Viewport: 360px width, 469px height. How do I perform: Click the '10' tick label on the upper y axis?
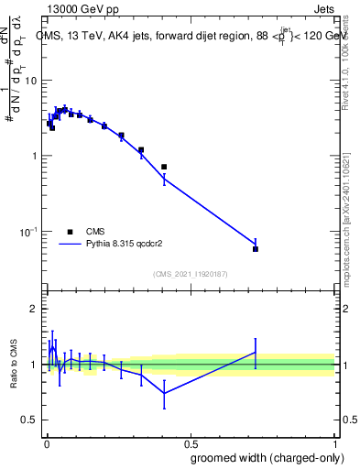tap(32, 81)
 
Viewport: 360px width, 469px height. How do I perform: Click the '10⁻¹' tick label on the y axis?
tap(29, 232)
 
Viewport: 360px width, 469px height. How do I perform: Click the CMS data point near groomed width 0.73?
tap(256, 249)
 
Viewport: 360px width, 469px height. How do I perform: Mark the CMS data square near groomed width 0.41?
tap(164, 167)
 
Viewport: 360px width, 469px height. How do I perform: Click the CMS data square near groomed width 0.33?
tap(141, 149)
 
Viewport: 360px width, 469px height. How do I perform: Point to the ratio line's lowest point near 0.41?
tap(164, 394)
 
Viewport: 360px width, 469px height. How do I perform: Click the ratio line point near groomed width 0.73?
tap(256, 352)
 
